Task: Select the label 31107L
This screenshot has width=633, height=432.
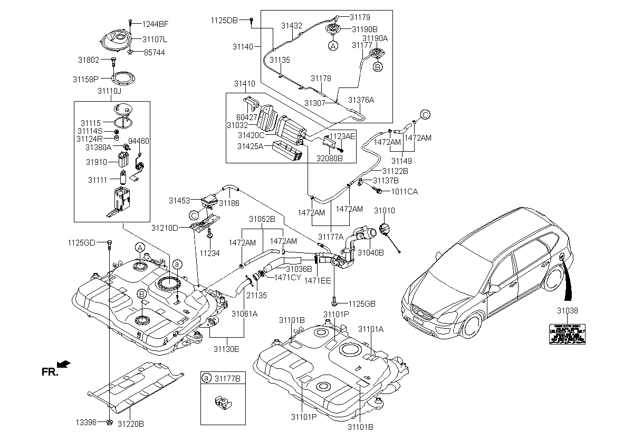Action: [155, 39]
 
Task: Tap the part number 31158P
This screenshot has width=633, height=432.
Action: [85, 79]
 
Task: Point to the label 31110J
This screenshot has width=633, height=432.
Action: [109, 91]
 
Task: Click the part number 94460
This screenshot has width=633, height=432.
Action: [139, 141]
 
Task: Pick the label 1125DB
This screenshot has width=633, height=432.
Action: [224, 20]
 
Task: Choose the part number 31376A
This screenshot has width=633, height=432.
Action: [361, 100]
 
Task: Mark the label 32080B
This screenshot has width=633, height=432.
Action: [330, 158]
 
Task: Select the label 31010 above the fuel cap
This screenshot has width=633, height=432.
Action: [384, 211]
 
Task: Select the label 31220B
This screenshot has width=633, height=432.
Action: [131, 423]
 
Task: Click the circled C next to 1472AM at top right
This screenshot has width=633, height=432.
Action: [425, 114]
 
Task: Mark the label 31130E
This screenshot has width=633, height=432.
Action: [226, 348]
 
